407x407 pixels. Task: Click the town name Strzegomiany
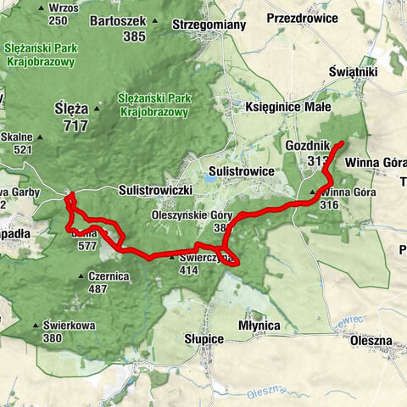pos(209,25)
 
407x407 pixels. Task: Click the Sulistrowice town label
pos(243,170)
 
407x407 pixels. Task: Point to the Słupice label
pos(203,339)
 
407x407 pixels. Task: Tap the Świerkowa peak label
pos(65,325)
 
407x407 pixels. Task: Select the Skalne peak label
pos(17,137)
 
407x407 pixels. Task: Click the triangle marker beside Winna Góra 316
pos(313,193)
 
